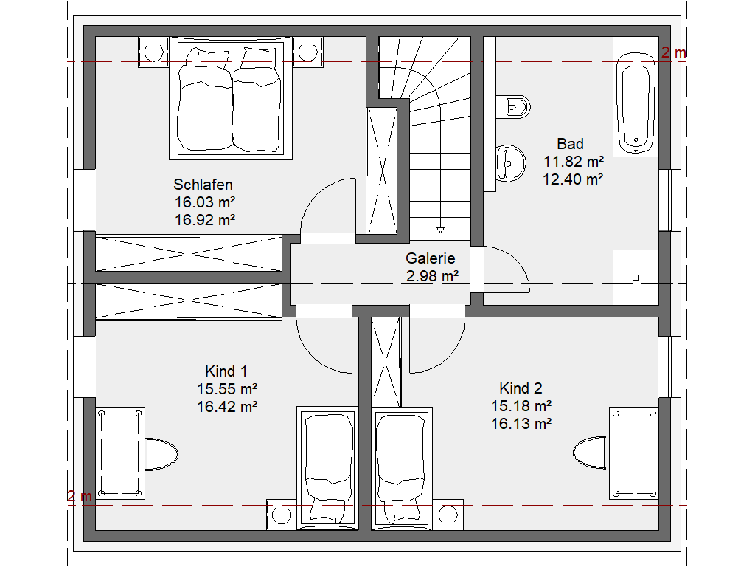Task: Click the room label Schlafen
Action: coord(203,185)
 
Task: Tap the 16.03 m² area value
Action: coord(205,202)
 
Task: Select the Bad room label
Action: coord(570,144)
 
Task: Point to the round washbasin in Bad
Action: coord(510,163)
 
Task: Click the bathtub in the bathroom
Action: coord(636,103)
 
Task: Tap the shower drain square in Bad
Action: coord(636,278)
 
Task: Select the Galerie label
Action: coord(430,258)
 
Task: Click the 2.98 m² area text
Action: coord(432,276)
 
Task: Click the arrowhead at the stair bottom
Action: coord(440,230)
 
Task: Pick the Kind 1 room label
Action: coord(226,371)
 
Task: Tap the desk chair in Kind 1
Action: coord(161,454)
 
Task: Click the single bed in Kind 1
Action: coord(327,469)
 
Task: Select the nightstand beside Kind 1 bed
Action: coord(281,515)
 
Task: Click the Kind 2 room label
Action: coord(521,388)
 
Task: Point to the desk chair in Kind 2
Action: coord(589,453)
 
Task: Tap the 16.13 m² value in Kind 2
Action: coord(521,424)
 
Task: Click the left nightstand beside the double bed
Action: coord(153,52)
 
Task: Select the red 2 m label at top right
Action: coord(673,52)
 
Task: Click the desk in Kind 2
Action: coord(633,453)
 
